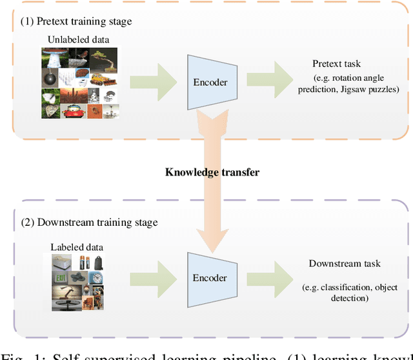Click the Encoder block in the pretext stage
(210, 82)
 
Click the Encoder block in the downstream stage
(210, 277)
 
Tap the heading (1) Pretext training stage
(76, 21)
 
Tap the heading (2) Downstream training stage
(88, 223)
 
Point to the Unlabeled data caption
(78, 40)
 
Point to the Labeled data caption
(77, 247)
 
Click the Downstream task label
(345, 263)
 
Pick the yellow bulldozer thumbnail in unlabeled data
(100, 80)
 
